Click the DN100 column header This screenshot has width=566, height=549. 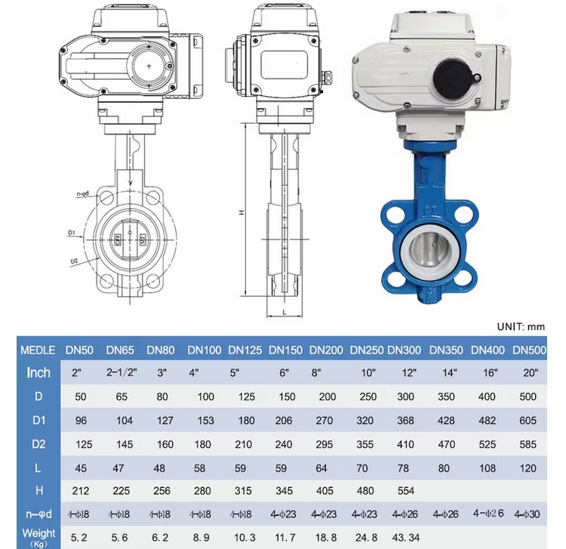tap(205, 350)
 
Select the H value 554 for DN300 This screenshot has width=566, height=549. tap(406, 491)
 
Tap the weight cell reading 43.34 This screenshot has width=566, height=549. tap(406, 538)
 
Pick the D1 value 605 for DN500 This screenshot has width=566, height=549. tap(528, 421)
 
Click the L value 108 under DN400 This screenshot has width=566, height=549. tap(488, 468)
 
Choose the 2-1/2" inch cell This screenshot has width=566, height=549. tap(122, 372)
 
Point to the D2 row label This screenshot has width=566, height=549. tap(38, 444)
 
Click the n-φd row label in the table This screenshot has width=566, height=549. tap(38, 514)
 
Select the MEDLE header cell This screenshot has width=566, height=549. tap(38, 350)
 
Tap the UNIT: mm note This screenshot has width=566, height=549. tap(521, 327)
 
